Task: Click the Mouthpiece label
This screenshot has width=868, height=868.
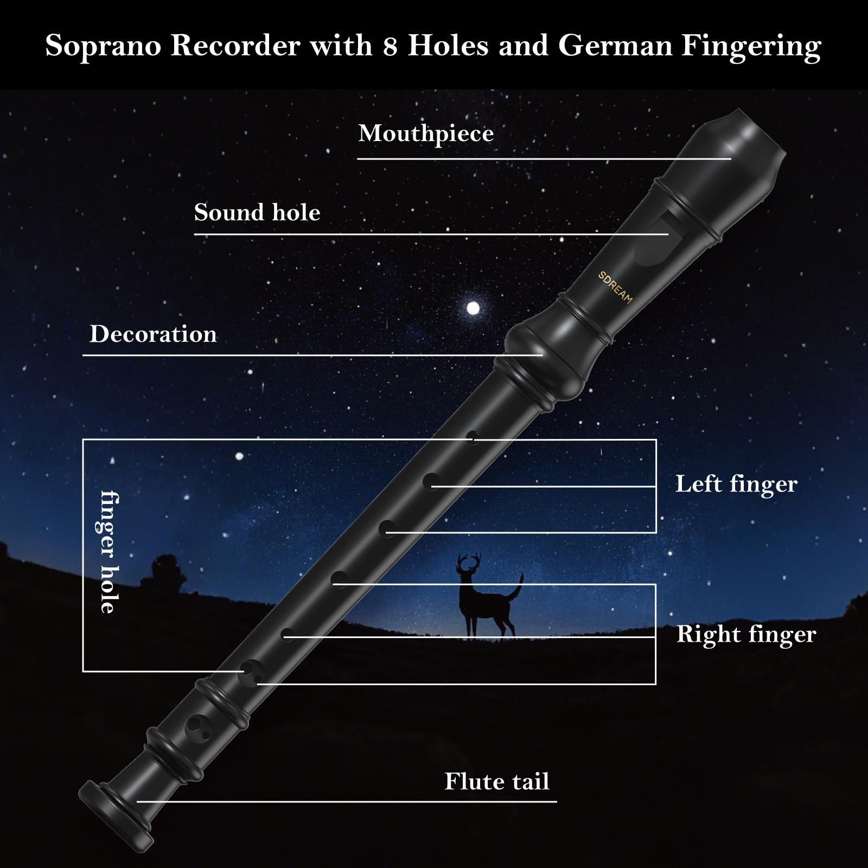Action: point(426,134)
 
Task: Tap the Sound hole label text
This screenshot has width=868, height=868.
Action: point(257,212)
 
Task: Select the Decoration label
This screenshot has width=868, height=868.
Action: point(153,334)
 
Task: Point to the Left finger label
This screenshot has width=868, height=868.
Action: point(736,484)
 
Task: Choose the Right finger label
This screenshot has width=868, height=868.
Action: point(746,635)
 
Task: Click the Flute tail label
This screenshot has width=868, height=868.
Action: point(497,782)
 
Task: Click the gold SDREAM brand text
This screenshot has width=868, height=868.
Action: point(615,288)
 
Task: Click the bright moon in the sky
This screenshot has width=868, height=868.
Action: point(474,309)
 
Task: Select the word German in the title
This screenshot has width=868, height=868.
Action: point(615,46)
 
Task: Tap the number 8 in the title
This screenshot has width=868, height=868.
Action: point(390,46)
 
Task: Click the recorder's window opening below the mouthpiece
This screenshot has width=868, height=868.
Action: point(650,239)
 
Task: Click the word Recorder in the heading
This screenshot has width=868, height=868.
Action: point(235,46)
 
